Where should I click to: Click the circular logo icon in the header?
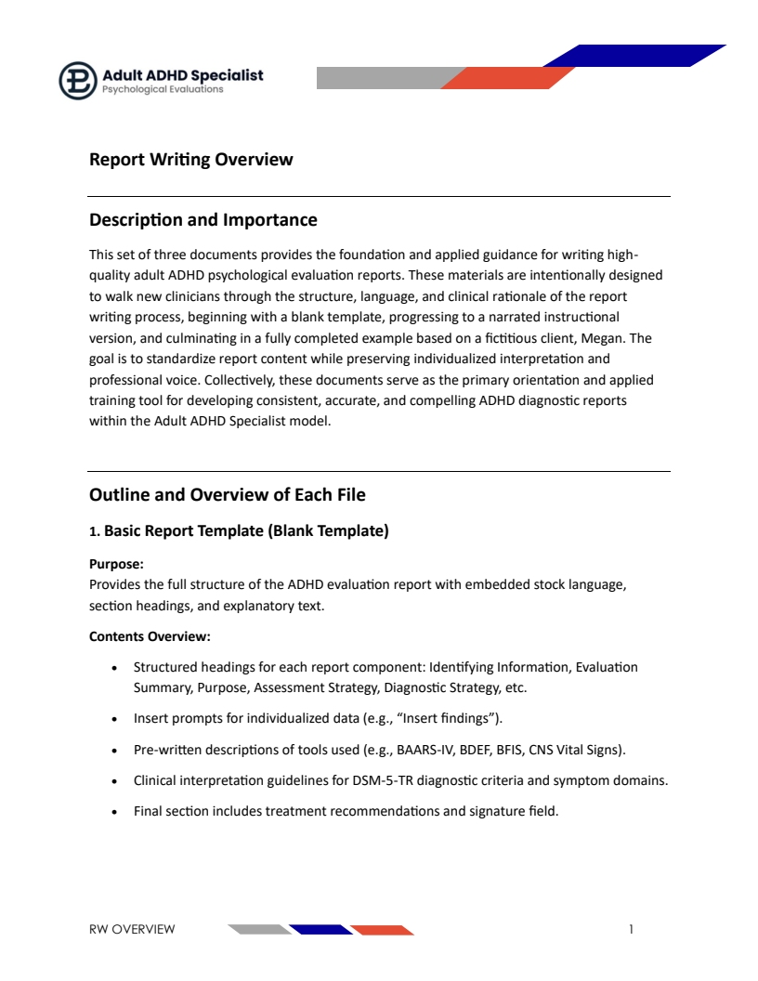(x=78, y=80)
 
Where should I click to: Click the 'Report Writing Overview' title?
(x=190, y=159)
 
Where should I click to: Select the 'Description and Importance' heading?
(x=203, y=220)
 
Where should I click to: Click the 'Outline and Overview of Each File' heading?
(x=228, y=494)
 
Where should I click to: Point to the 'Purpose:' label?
(x=116, y=564)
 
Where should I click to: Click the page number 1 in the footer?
(x=631, y=929)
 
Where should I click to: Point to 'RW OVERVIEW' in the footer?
(x=132, y=929)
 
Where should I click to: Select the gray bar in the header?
(x=381, y=78)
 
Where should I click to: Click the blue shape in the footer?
(x=320, y=929)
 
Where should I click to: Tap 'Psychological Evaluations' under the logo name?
(x=163, y=90)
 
